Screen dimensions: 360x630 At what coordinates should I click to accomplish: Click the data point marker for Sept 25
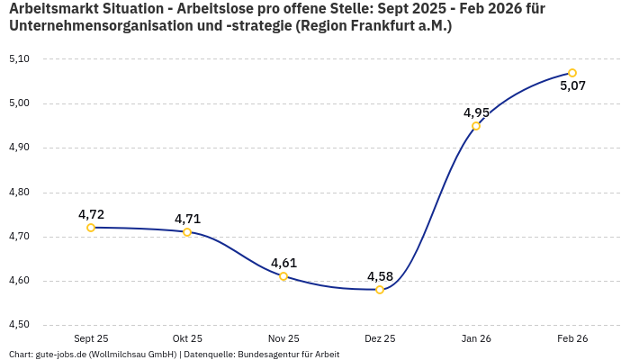(x=91, y=228)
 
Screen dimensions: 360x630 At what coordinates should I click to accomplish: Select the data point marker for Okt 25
(x=187, y=232)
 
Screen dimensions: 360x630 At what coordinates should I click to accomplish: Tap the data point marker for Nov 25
(x=283, y=276)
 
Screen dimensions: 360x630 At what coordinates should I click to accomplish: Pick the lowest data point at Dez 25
(x=380, y=290)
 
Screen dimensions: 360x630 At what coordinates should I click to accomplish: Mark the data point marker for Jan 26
(x=476, y=126)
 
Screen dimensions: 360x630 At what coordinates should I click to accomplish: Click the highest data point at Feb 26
(x=572, y=73)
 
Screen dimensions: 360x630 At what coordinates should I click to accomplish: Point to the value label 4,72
(x=91, y=214)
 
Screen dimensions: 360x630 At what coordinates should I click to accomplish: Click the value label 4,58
(x=380, y=275)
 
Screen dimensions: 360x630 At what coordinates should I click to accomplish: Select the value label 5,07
(x=573, y=86)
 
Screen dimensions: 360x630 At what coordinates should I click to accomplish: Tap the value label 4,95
(x=476, y=112)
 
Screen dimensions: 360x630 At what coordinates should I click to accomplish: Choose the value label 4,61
(x=283, y=263)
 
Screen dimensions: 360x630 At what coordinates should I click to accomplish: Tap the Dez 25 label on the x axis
(x=380, y=338)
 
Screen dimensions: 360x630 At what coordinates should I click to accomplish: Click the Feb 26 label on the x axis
(x=572, y=338)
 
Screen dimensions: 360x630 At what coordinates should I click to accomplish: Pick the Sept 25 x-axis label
(x=91, y=338)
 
